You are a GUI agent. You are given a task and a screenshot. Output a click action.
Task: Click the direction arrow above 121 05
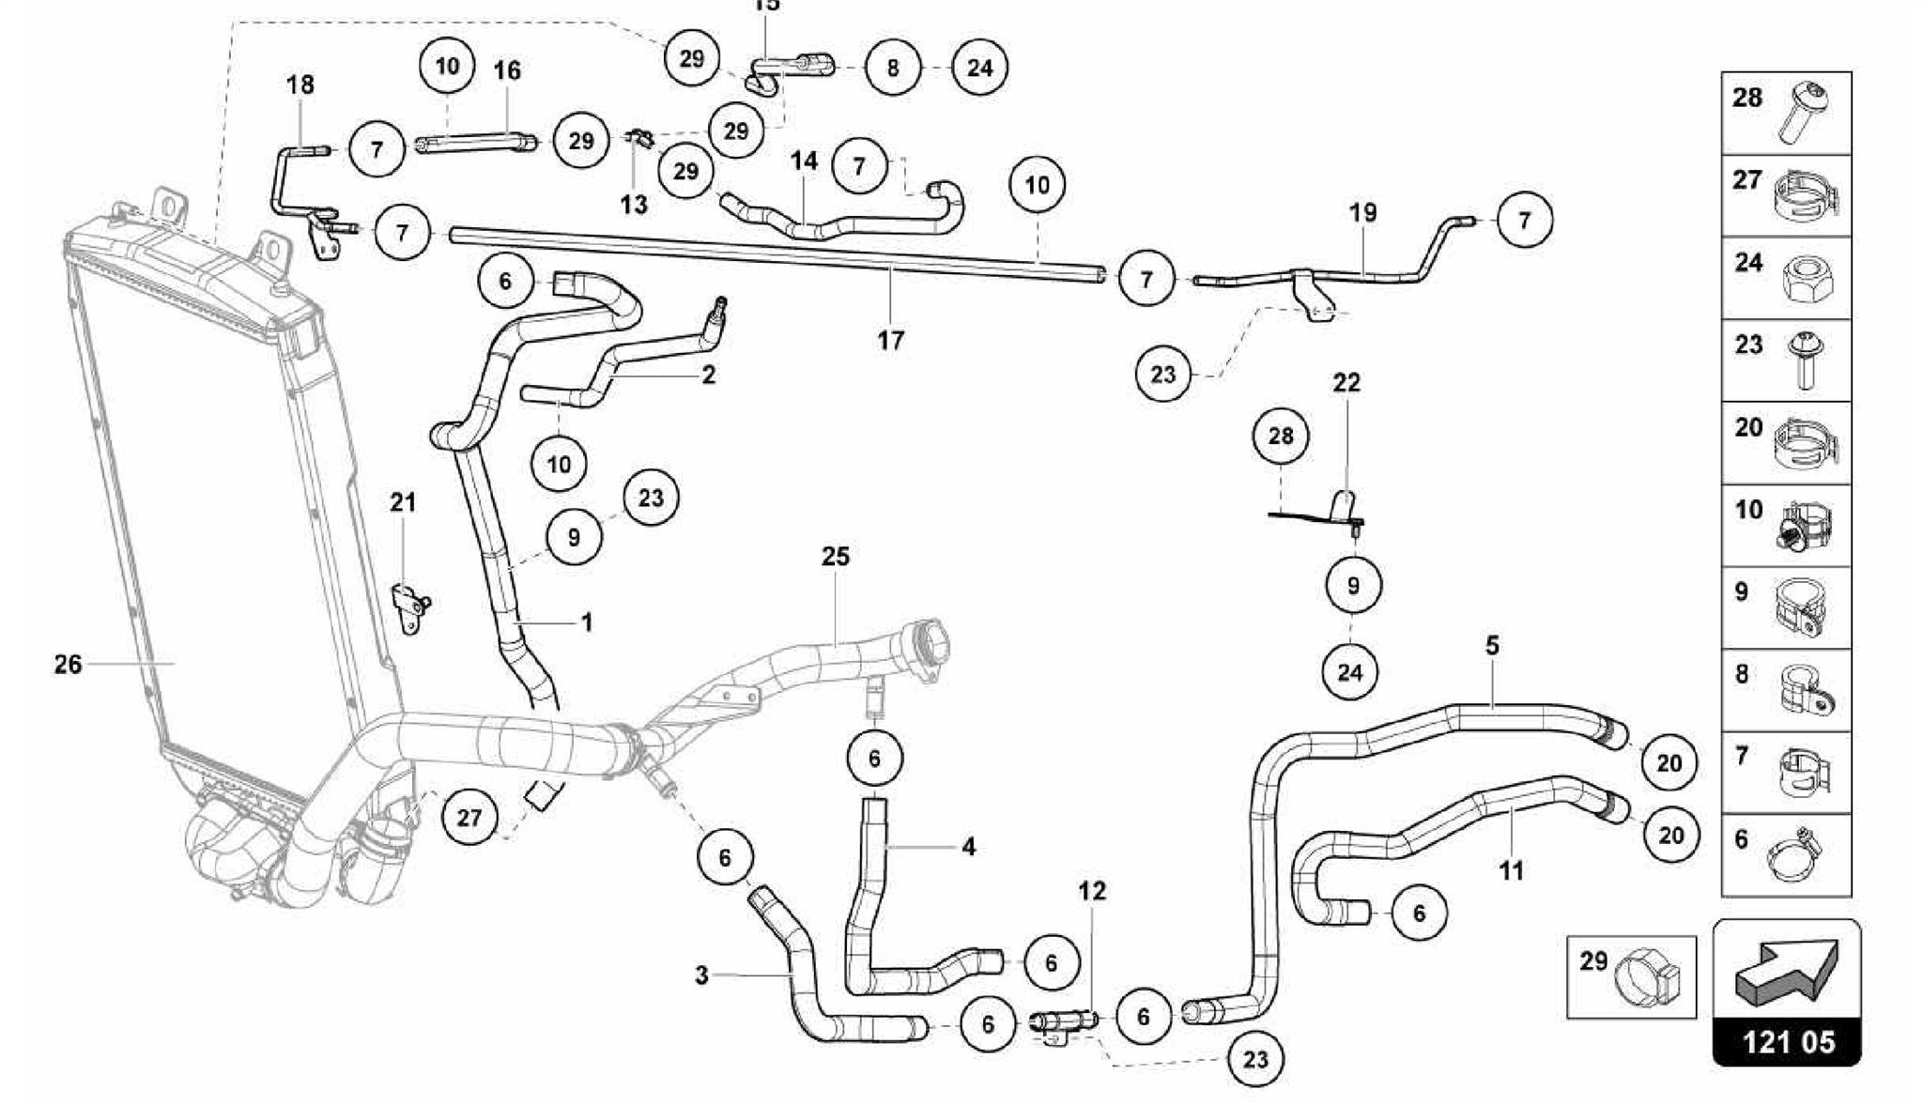(1787, 972)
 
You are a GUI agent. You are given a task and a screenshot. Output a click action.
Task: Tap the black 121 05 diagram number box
(1787, 1042)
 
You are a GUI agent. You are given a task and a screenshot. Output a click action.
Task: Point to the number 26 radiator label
(68, 665)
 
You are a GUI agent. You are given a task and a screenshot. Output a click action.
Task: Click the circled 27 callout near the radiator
(469, 818)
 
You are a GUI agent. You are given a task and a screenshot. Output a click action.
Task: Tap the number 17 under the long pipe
(890, 340)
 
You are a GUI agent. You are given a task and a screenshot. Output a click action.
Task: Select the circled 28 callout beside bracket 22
(1280, 437)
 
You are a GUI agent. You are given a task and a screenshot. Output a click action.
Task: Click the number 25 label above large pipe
(835, 557)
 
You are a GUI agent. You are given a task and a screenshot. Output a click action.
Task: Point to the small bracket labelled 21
(409, 606)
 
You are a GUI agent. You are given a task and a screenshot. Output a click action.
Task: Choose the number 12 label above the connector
(1092, 891)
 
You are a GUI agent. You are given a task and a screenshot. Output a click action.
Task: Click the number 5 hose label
(1492, 646)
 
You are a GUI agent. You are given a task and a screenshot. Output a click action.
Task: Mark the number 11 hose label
(1511, 871)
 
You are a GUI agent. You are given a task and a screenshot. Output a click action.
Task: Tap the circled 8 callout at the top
(892, 68)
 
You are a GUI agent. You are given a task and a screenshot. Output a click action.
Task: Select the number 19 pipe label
(1362, 213)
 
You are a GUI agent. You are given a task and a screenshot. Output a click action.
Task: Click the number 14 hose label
(804, 161)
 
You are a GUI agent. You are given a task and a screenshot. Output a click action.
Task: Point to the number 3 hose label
(701, 975)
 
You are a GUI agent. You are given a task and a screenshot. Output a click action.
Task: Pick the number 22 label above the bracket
(1346, 382)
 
